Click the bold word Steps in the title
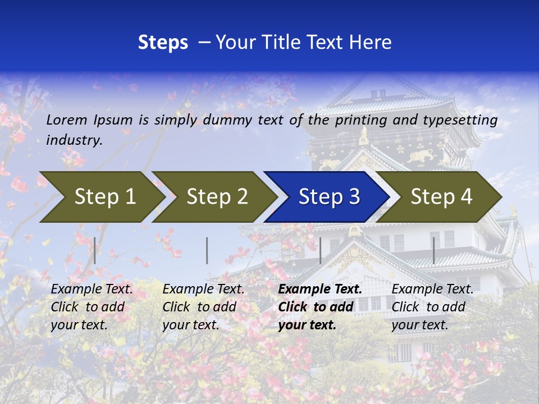click(x=163, y=43)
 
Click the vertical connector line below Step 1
click(x=95, y=250)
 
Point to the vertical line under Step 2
click(x=207, y=250)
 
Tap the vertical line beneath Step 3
click(x=321, y=250)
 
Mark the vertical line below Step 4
click(x=434, y=250)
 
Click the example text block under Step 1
click(x=92, y=307)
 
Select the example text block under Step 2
click(x=203, y=307)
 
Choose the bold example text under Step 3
click(x=320, y=307)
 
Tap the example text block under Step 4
click(x=432, y=307)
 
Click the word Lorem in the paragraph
click(x=67, y=120)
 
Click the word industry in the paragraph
click(x=74, y=140)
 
